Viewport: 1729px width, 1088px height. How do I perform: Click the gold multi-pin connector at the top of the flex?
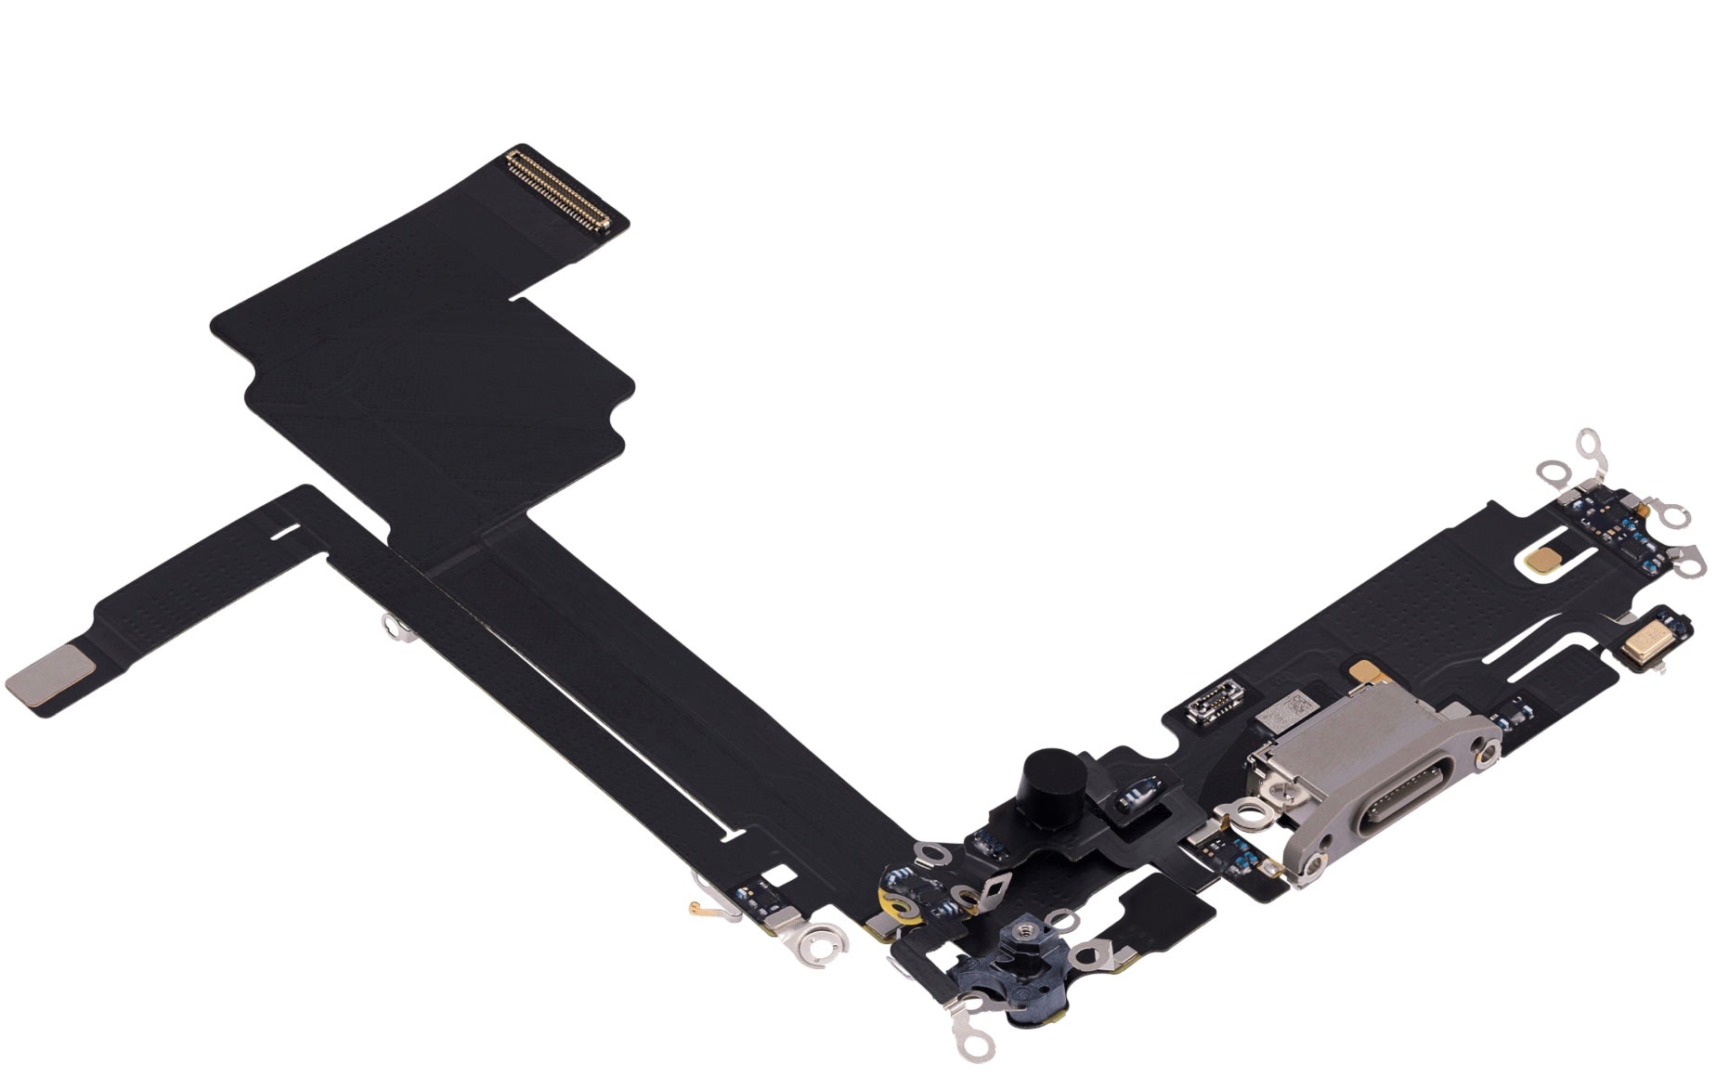556,189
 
